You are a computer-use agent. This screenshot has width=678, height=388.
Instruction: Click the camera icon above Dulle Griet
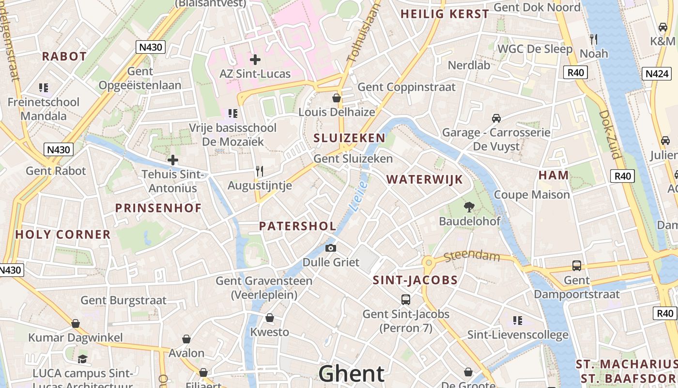pyautogui.click(x=331, y=248)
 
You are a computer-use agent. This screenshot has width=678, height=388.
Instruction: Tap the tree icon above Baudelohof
pyautogui.click(x=469, y=207)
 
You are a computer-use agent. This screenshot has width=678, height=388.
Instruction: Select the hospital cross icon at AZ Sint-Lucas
pyautogui.click(x=255, y=60)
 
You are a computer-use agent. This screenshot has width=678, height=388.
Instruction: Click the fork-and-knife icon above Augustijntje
pyautogui.click(x=260, y=171)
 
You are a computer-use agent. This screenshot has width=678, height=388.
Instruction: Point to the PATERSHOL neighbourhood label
pyautogui.click(x=297, y=226)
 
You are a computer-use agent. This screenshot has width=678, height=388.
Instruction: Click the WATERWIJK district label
pyautogui.click(x=425, y=179)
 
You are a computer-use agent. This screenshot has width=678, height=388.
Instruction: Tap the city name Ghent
pyautogui.click(x=352, y=374)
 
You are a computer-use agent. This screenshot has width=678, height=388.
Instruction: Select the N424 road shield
pyautogui.click(x=657, y=74)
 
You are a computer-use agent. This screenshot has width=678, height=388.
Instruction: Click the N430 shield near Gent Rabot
pyautogui.click(x=59, y=149)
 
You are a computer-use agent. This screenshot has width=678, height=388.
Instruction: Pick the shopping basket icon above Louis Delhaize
pyautogui.click(x=337, y=98)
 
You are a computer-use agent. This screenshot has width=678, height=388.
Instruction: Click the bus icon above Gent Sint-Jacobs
pyautogui.click(x=406, y=300)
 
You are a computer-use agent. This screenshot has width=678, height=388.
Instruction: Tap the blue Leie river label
pyautogui.click(x=358, y=197)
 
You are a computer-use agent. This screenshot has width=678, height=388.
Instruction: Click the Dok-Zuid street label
pyautogui.click(x=610, y=134)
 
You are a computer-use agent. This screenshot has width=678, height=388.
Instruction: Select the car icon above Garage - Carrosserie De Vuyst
pyautogui.click(x=496, y=118)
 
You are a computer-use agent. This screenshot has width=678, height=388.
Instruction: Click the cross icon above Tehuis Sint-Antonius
pyautogui.click(x=172, y=160)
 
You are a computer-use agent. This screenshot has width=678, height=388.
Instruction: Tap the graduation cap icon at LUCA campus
pyautogui.click(x=82, y=359)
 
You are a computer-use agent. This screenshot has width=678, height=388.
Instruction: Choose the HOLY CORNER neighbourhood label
pyautogui.click(x=63, y=235)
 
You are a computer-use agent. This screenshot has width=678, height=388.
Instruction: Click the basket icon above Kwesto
pyautogui.click(x=270, y=318)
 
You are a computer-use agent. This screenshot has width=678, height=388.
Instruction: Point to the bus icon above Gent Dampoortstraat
pyautogui.click(x=576, y=266)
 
